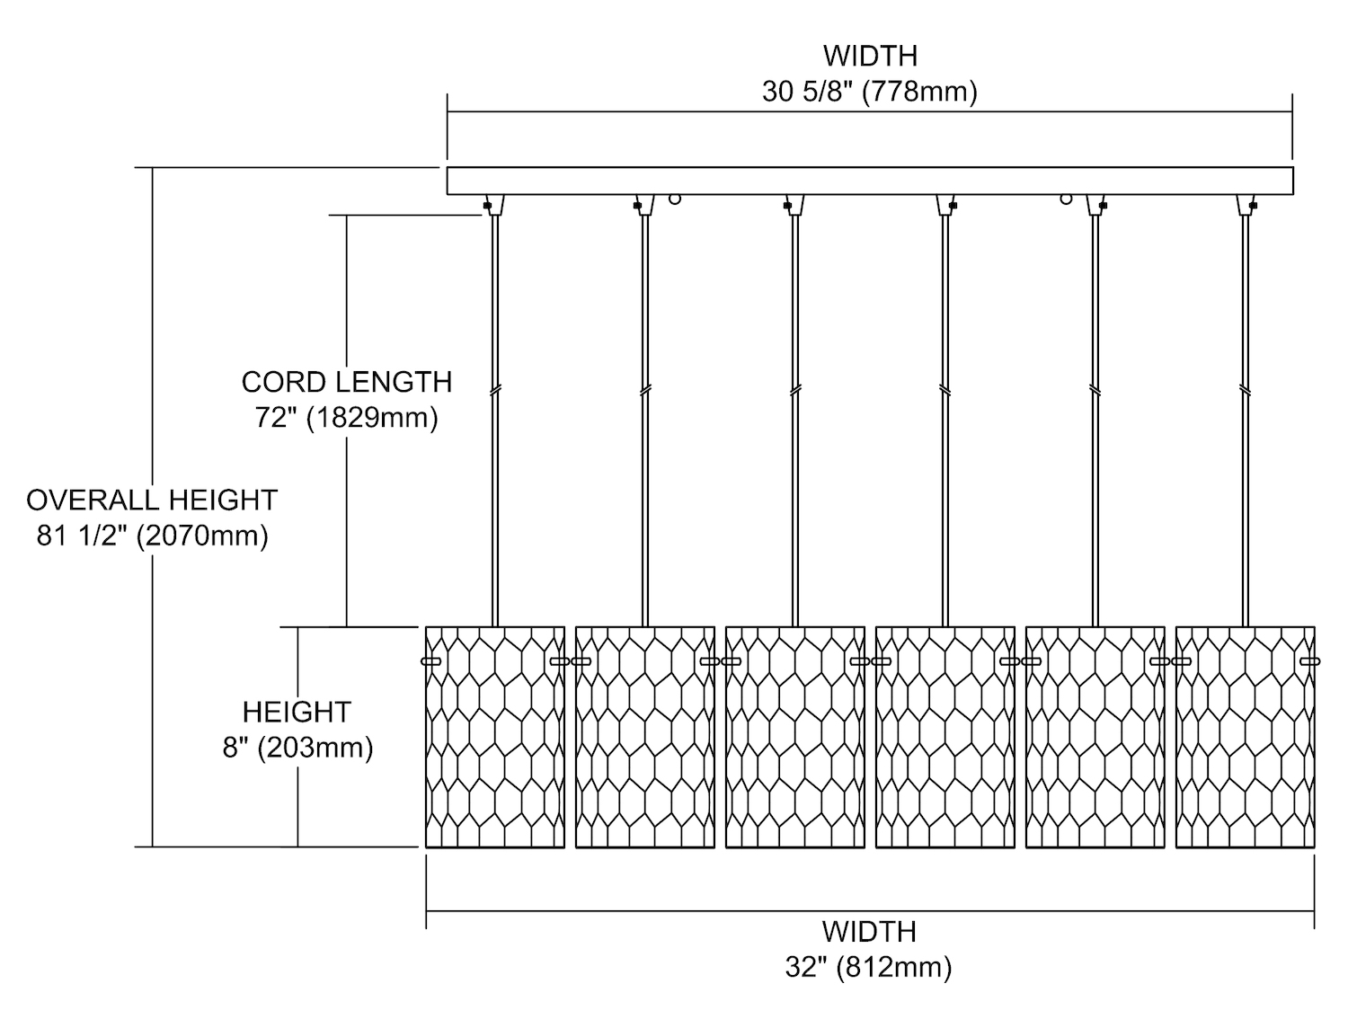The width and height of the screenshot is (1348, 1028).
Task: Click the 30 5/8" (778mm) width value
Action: click(869, 92)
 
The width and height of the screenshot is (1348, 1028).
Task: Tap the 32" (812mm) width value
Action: click(868, 967)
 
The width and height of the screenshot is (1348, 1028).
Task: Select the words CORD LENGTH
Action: click(346, 382)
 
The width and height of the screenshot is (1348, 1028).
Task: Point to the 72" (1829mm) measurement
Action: click(346, 418)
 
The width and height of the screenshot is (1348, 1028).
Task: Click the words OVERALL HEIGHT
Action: click(152, 500)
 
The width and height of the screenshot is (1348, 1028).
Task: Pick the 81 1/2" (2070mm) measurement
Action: click(152, 536)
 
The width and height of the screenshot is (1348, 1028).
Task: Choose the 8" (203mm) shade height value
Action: click(297, 748)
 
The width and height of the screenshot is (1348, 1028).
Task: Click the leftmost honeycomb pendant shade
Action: click(495, 737)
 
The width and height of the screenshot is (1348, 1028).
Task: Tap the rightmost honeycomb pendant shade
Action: click(1245, 737)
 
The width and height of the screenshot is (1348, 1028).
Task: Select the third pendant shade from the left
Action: click(795, 737)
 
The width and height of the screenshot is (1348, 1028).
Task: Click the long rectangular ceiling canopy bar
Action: click(869, 181)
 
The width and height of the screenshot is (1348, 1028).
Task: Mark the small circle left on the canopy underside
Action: click(675, 199)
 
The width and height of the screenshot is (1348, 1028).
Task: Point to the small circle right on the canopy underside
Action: click(1066, 199)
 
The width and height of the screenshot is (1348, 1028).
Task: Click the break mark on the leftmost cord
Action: click(495, 391)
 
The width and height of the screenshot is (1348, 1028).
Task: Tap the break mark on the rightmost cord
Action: click(1245, 391)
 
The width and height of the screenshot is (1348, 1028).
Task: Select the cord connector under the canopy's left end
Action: click(494, 206)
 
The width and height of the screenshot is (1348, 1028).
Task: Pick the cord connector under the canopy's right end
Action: click(1246, 206)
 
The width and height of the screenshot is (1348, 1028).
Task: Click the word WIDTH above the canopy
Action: click(869, 56)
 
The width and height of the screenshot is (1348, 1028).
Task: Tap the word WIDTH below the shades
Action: click(868, 932)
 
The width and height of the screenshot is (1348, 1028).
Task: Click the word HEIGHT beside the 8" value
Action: click(296, 712)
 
